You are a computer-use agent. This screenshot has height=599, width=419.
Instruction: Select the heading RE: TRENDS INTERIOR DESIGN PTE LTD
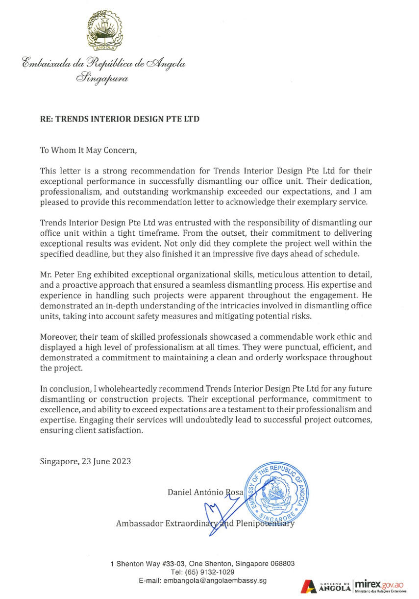120,119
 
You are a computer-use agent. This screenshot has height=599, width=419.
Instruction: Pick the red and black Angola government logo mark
310,586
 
